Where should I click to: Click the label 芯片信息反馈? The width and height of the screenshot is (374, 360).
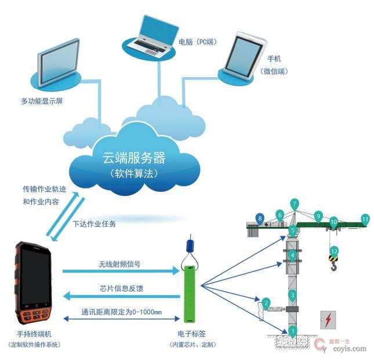point(119,289)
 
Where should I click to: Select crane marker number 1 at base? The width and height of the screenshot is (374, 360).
point(293,332)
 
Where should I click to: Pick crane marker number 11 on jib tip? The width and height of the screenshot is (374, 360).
point(365,219)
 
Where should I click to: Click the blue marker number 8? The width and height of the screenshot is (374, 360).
point(260,218)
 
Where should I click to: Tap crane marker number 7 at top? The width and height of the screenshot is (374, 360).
point(295,204)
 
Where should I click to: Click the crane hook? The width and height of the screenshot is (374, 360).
point(333,267)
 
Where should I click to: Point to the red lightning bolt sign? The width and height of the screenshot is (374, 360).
point(328,320)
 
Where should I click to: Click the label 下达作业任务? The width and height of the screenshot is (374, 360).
point(97,223)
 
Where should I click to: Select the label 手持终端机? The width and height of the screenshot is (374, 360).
point(31,335)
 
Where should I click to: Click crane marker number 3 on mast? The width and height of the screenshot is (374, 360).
point(293,295)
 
